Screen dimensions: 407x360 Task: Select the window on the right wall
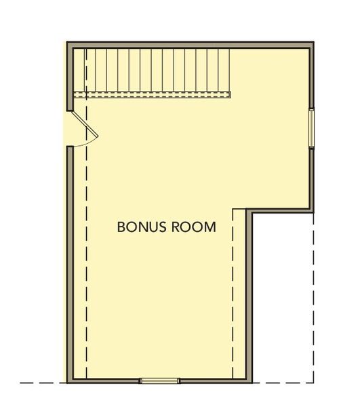(312, 128)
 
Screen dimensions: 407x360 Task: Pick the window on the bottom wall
(161, 381)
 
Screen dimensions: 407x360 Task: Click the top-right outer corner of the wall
(314, 42)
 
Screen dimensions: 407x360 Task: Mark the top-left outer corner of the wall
(67, 42)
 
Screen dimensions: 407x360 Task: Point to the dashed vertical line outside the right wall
(314, 298)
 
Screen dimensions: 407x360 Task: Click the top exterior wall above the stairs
(190, 43)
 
